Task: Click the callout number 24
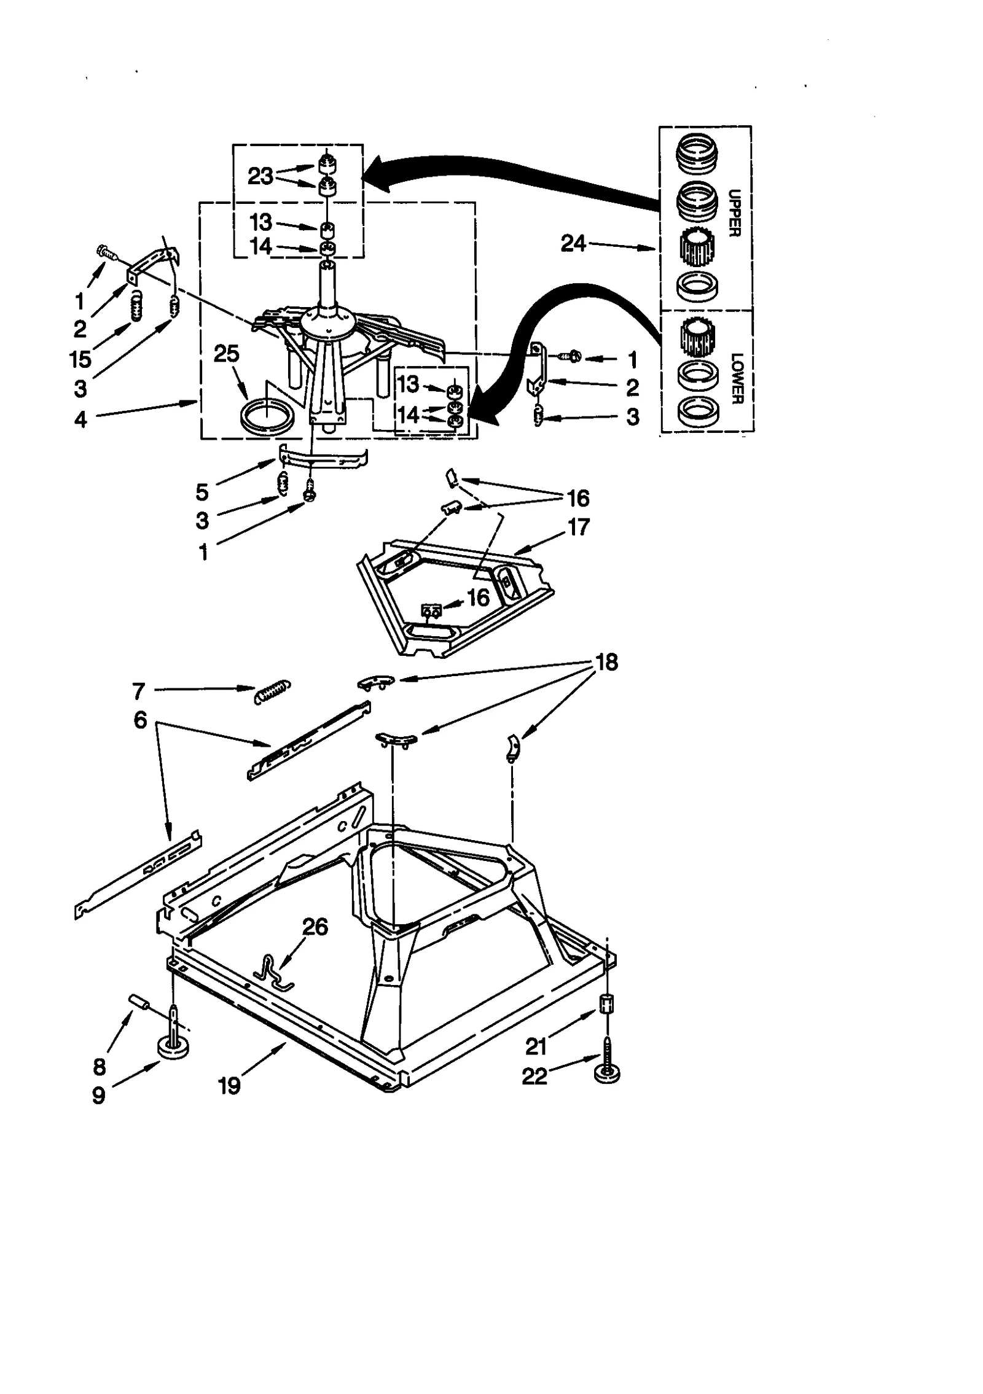pyautogui.click(x=573, y=244)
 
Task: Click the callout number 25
pyautogui.click(x=226, y=354)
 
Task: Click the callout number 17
pyautogui.click(x=578, y=526)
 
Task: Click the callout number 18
pyautogui.click(x=606, y=662)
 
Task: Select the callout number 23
pyautogui.click(x=260, y=176)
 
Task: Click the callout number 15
pyautogui.click(x=80, y=359)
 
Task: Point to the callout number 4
pyautogui.click(x=80, y=419)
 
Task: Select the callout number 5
pyautogui.click(x=202, y=492)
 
